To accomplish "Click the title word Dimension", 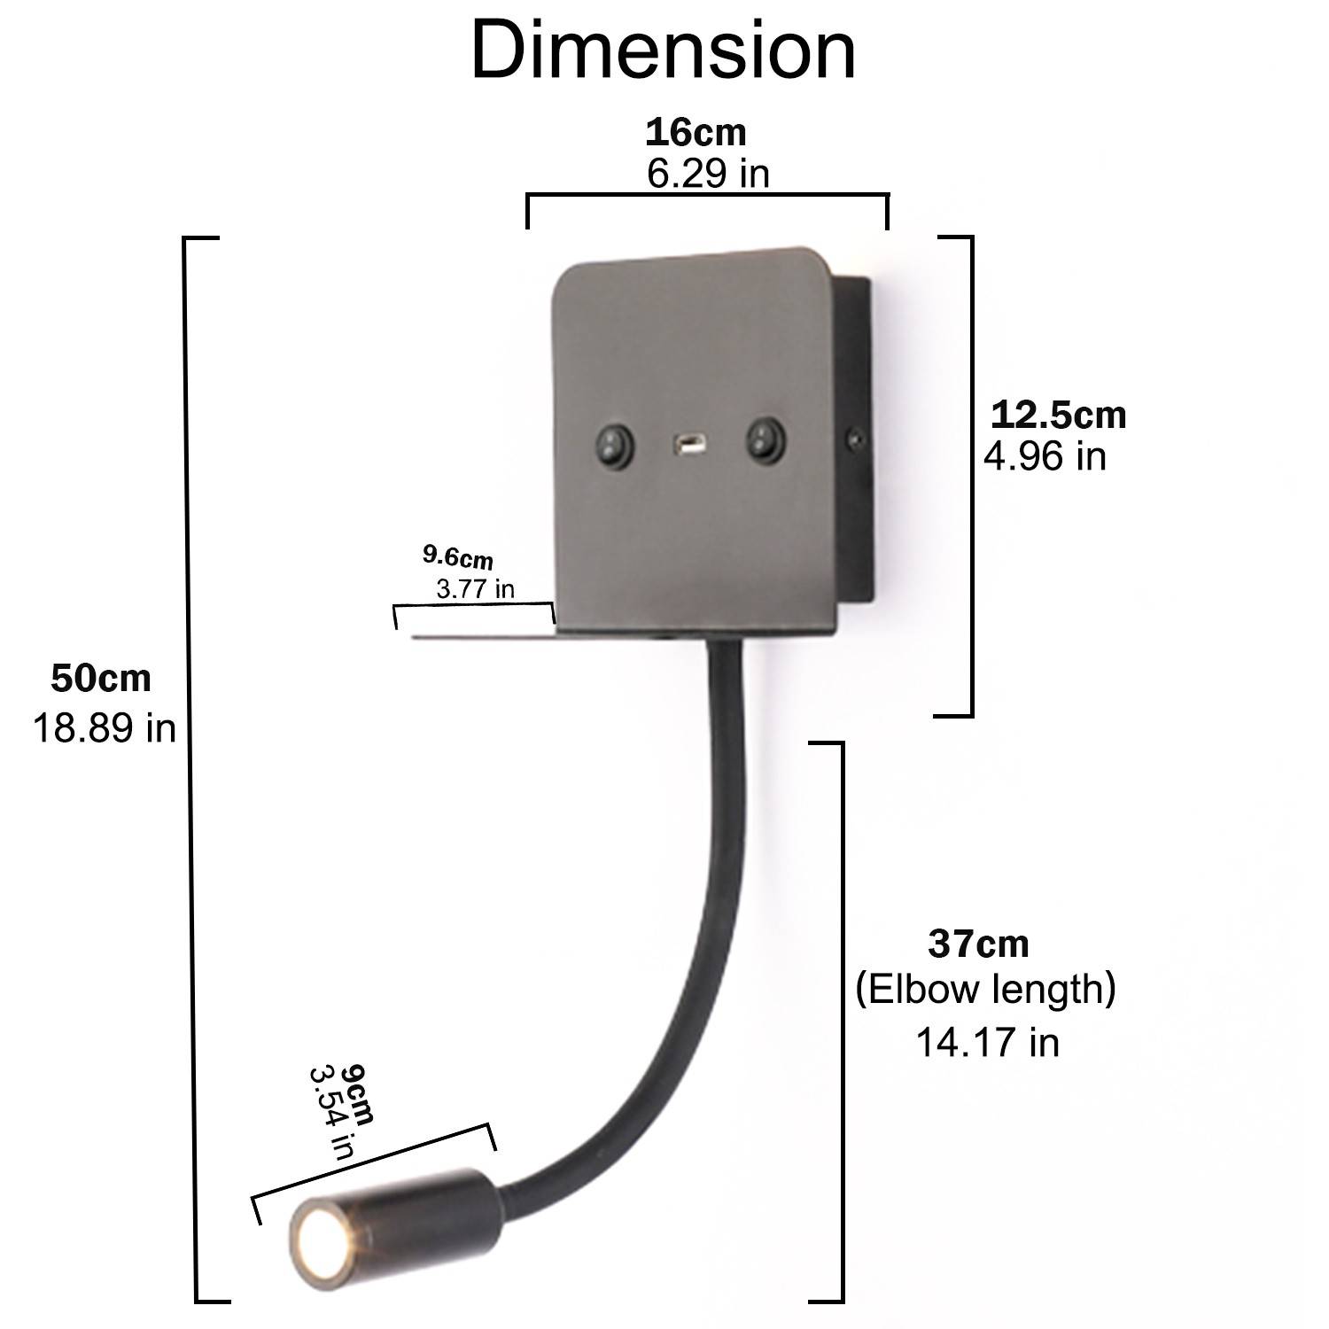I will coord(663,51).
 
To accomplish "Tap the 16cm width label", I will coord(696,132).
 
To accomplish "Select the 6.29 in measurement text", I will coord(708,174).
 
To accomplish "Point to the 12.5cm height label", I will coord(1058,415).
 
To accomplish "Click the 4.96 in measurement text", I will coord(1045,456).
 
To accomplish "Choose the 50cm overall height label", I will coord(101,679).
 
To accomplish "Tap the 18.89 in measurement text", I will coord(105,728).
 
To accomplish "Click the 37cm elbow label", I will coord(978,944).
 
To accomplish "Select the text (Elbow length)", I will coord(985,989).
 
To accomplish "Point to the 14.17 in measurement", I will coord(987,1042).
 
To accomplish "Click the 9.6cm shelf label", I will coord(457,557).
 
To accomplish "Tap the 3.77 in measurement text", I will coord(476,588).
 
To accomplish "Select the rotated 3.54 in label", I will coord(330,1111).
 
